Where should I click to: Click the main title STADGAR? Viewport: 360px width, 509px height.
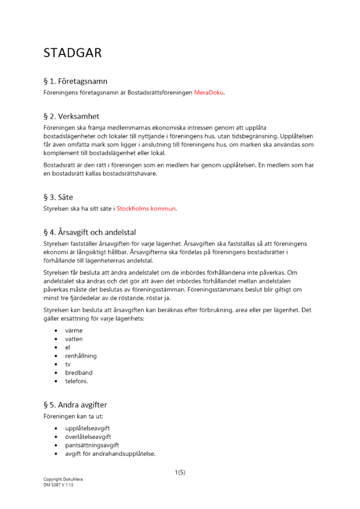point(72,53)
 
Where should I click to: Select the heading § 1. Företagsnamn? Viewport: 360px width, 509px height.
point(75,81)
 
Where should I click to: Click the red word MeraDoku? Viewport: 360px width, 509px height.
point(209,93)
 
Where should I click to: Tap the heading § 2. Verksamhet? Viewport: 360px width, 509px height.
point(71,117)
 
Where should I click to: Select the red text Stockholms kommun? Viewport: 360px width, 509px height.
point(146,209)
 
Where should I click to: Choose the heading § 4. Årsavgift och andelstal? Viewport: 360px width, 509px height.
point(90,232)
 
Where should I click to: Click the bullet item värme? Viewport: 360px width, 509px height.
point(73,330)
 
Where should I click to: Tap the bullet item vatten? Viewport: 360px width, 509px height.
point(73,339)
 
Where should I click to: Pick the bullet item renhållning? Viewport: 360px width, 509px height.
point(80,356)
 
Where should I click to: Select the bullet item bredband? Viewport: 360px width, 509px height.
point(78,373)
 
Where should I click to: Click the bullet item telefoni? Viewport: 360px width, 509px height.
point(76,381)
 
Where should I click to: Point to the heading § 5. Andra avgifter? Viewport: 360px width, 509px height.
point(75,405)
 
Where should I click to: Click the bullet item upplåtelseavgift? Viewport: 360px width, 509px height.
point(88,429)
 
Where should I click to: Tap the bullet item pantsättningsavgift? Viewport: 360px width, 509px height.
point(92,445)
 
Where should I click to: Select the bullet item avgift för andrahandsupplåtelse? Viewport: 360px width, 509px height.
point(110,454)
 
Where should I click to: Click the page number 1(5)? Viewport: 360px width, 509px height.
point(180,472)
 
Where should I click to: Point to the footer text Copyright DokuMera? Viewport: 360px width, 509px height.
point(63,479)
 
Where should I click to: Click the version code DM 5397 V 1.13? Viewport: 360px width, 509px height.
point(59,485)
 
